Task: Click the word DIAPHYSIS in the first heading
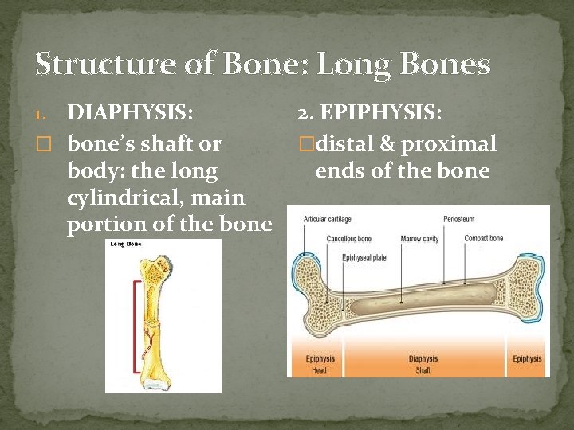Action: pyautogui.click(x=132, y=113)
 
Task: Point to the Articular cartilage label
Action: pyautogui.click(x=327, y=219)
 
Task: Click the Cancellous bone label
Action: pyautogui.click(x=348, y=238)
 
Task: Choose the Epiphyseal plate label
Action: pyautogui.click(x=365, y=257)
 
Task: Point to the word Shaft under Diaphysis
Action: pyautogui.click(x=423, y=369)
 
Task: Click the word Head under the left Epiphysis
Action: pyautogui.click(x=319, y=369)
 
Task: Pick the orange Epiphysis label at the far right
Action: pyautogui.click(x=527, y=359)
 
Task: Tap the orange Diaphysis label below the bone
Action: pyautogui.click(x=423, y=359)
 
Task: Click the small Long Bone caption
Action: pyautogui.click(x=125, y=244)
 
